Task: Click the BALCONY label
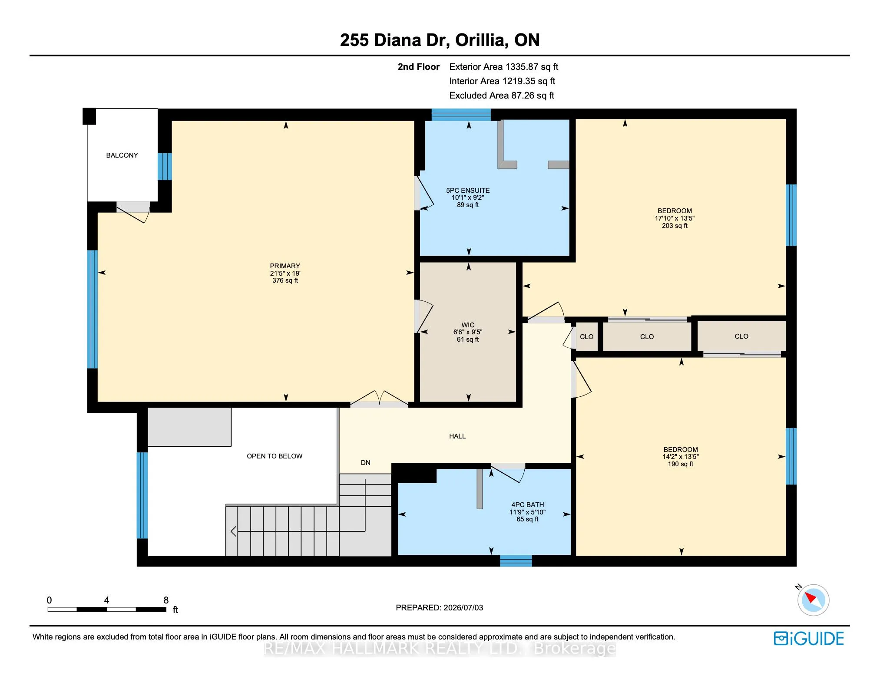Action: (122, 155)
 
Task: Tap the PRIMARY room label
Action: (285, 266)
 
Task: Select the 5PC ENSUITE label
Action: (468, 191)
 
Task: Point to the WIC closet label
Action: (468, 325)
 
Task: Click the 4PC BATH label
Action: (528, 505)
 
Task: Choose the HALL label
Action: (457, 436)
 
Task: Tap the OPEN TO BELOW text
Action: (275, 456)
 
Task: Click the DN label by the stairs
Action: (366, 463)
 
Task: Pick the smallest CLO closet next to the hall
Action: (587, 337)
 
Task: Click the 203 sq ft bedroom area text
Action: (675, 226)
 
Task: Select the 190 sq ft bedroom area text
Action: (681, 464)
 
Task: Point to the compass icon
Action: (813, 600)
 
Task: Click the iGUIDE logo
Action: (809, 639)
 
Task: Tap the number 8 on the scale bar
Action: (166, 600)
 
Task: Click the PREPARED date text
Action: (439, 608)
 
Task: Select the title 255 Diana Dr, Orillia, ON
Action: (440, 40)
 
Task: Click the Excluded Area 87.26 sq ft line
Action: (502, 96)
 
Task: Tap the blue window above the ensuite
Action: (461, 115)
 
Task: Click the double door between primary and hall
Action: (379, 399)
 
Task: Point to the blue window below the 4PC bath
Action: (516, 561)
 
